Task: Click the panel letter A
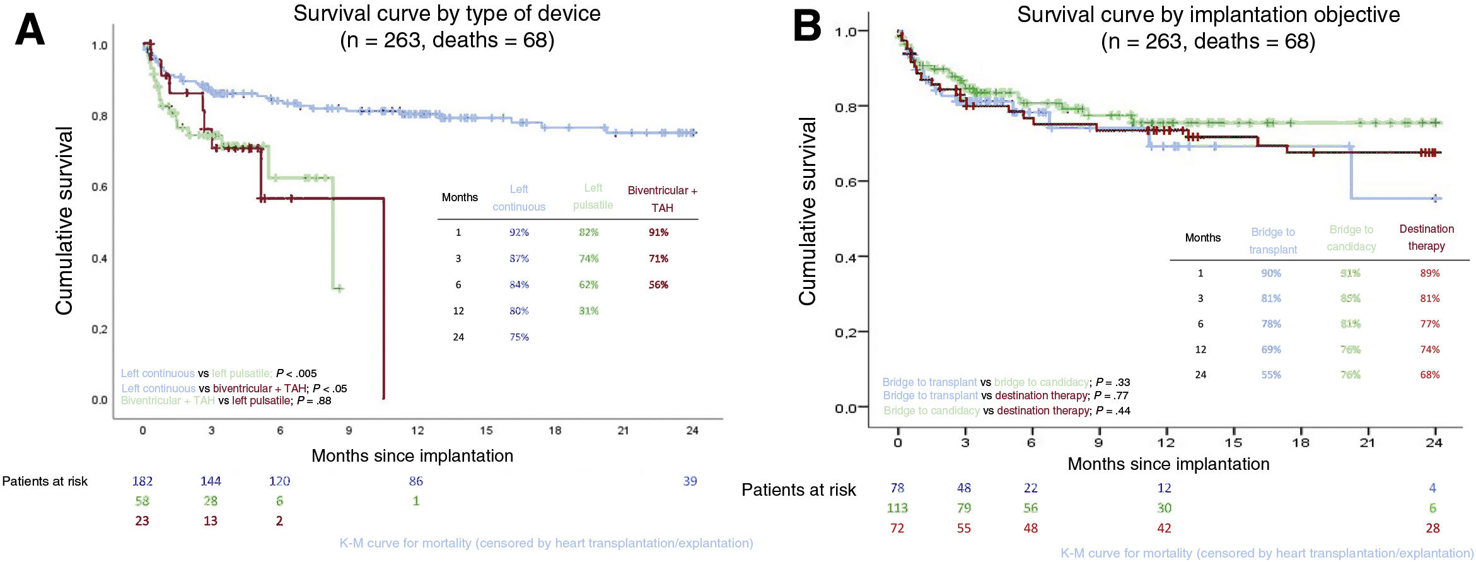pyautogui.click(x=30, y=30)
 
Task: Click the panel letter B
pyautogui.click(x=807, y=27)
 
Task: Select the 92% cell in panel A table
pyautogui.click(x=519, y=232)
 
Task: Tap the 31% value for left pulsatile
pyautogui.click(x=588, y=310)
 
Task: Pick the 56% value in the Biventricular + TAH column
pyautogui.click(x=658, y=284)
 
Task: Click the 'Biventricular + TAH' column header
pyautogui.click(x=662, y=199)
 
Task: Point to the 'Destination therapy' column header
pyautogui.click(x=1426, y=237)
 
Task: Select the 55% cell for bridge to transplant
pyautogui.click(x=1270, y=375)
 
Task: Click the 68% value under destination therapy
pyautogui.click(x=1429, y=375)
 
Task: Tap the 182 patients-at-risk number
pyautogui.click(x=142, y=481)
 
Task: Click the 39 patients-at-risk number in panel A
pyautogui.click(x=690, y=481)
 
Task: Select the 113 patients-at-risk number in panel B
pyautogui.click(x=897, y=508)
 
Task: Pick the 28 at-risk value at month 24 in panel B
pyautogui.click(x=1432, y=528)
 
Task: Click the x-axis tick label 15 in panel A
pyautogui.click(x=486, y=430)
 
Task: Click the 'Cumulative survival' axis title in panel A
pyautogui.click(x=64, y=221)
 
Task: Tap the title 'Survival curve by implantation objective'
pyautogui.click(x=1208, y=15)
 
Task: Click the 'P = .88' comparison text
pyautogui.click(x=314, y=401)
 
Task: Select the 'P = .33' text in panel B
pyautogui.click(x=1113, y=382)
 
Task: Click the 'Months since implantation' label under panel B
pyautogui.click(x=1168, y=464)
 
